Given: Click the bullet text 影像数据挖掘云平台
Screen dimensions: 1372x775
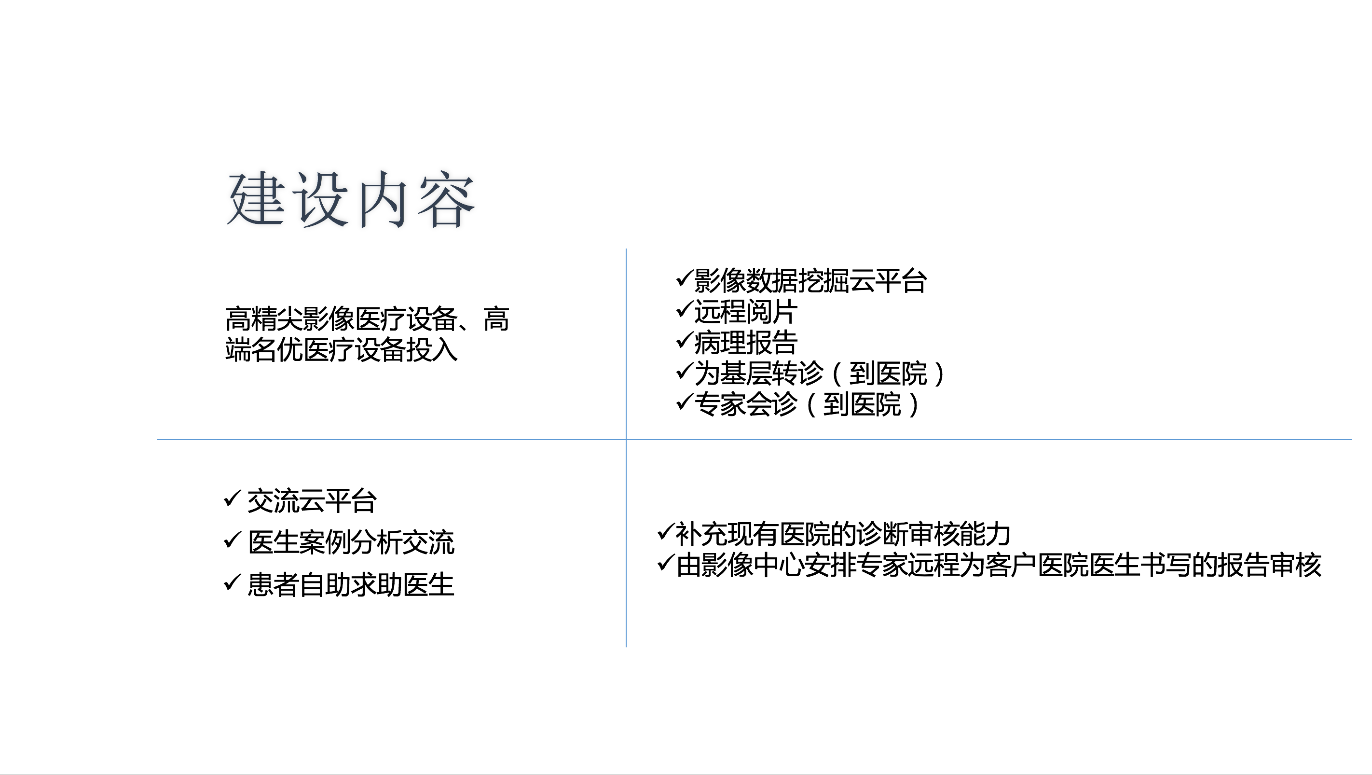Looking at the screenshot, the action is click(810, 281).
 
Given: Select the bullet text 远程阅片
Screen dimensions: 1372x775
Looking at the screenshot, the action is click(746, 312).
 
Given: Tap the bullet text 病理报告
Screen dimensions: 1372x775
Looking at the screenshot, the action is click(746, 343).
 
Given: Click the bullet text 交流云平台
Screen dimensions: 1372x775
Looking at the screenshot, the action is click(312, 501).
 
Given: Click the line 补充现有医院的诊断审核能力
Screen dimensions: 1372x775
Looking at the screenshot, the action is click(843, 534).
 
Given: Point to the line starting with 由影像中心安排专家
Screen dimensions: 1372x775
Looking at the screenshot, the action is click(999, 565).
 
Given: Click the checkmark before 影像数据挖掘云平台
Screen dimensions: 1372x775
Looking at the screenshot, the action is click(684, 277).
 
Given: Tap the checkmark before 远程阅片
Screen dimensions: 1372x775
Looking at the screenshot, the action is click(684, 308).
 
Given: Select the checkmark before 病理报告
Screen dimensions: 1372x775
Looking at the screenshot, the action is click(684, 339).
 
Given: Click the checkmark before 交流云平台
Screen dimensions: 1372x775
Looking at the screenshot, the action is click(233, 498).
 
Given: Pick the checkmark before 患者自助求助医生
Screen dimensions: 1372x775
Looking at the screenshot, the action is click(233, 581).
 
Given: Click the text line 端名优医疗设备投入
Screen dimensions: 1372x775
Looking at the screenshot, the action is click(342, 350).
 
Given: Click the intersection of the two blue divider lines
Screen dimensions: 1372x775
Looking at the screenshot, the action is click(626, 440).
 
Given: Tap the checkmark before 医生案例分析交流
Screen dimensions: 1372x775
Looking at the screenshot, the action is click(233, 540).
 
